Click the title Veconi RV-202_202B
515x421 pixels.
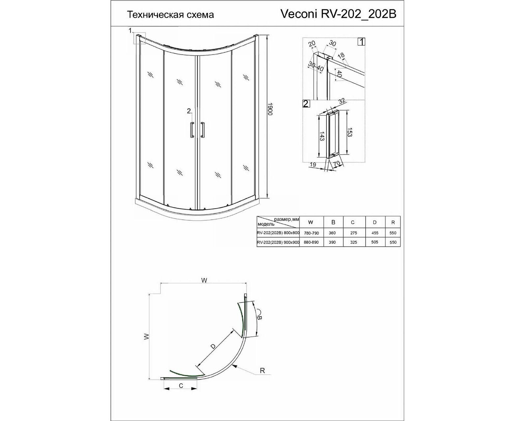[338, 14]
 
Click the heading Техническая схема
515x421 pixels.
[170, 15]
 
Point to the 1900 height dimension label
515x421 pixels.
[270, 109]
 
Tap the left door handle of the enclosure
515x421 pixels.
[192, 130]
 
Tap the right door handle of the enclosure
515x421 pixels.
[202, 130]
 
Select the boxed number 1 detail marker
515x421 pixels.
[361, 42]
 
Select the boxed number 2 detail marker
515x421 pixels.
[306, 104]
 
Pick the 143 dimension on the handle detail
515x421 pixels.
[322, 136]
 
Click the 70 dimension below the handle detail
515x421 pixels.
[337, 164]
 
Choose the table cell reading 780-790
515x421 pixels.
[311, 233]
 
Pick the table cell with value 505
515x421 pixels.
[374, 242]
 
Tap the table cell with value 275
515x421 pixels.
[353, 233]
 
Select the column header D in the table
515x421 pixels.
[375, 222]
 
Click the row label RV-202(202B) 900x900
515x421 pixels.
[278, 242]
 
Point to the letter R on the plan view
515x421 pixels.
[263, 378]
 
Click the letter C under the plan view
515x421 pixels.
[181, 392]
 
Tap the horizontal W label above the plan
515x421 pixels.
[204, 281]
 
